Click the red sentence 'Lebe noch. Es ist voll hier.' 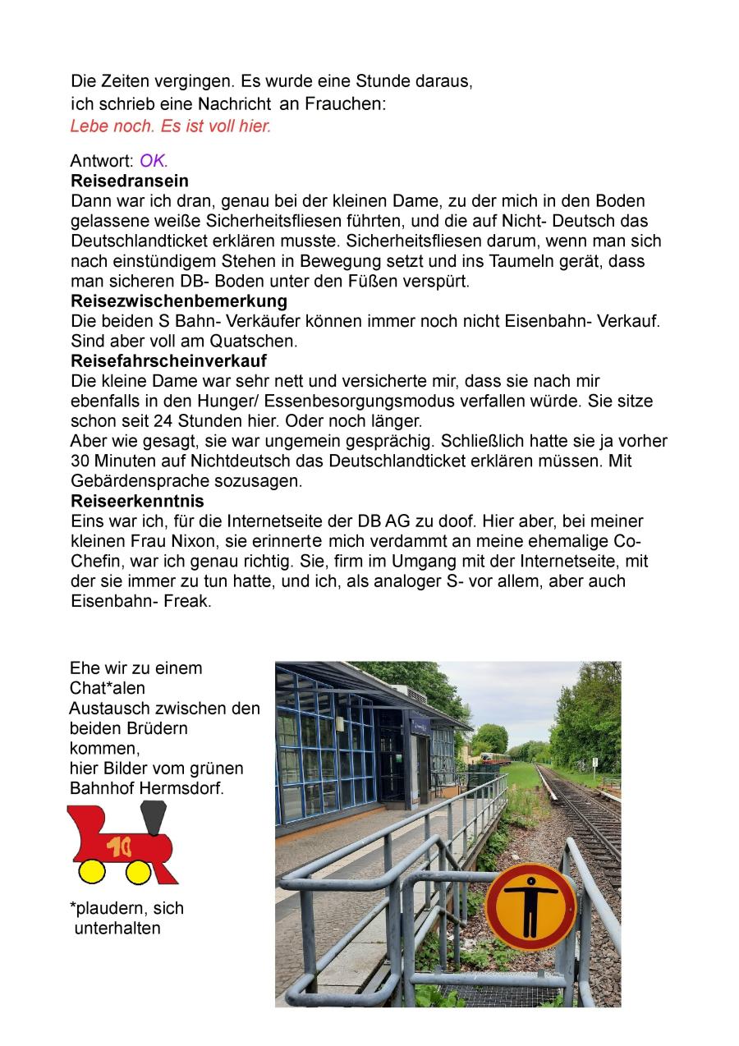(x=170, y=126)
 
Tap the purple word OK (x=153, y=161)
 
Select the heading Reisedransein (x=130, y=181)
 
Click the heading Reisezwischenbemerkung (x=179, y=300)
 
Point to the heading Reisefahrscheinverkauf (x=168, y=360)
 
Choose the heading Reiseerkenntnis (x=137, y=501)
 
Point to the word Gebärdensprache (x=142, y=481)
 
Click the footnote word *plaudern (x=108, y=908)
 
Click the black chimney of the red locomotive (x=153, y=818)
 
